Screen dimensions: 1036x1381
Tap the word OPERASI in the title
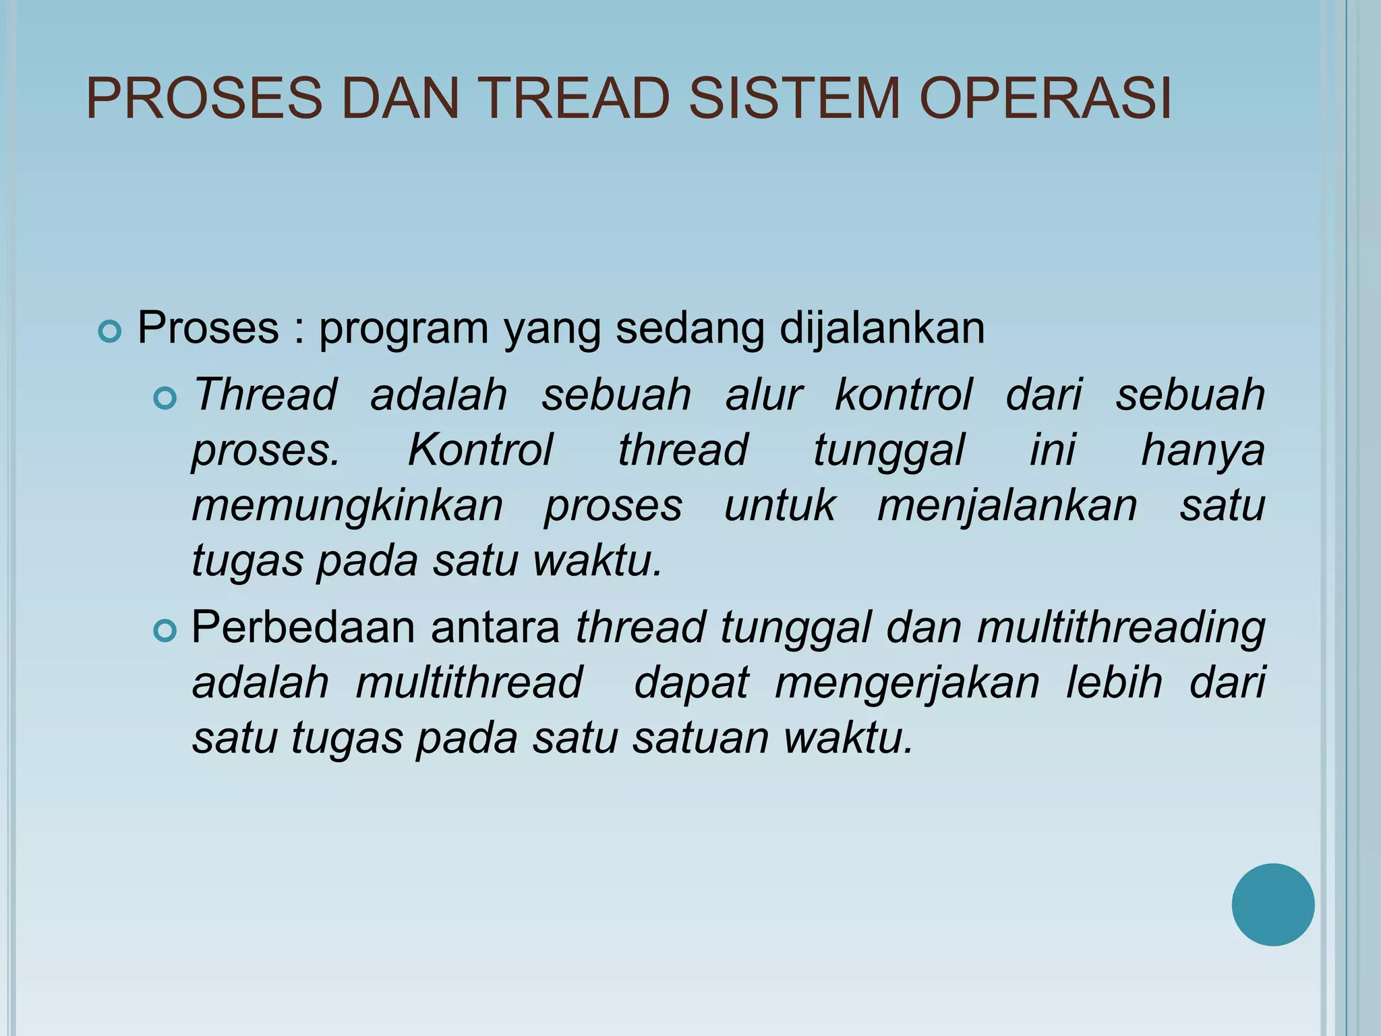click(x=1045, y=98)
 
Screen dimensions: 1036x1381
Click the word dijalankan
click(x=882, y=329)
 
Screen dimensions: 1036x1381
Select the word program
click(x=403, y=329)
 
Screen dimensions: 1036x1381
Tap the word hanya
click(x=1202, y=450)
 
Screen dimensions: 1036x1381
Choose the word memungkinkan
click(x=347, y=505)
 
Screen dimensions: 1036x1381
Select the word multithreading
click(x=1121, y=627)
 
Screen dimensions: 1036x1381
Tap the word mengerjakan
click(x=908, y=683)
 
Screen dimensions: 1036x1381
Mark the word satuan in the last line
click(x=701, y=738)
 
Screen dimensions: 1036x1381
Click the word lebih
click(x=1114, y=683)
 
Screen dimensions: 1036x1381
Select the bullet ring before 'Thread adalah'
click(x=165, y=399)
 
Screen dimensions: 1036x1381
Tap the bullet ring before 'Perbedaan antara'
click(x=165, y=631)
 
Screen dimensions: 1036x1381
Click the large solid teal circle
click(x=1272, y=904)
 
